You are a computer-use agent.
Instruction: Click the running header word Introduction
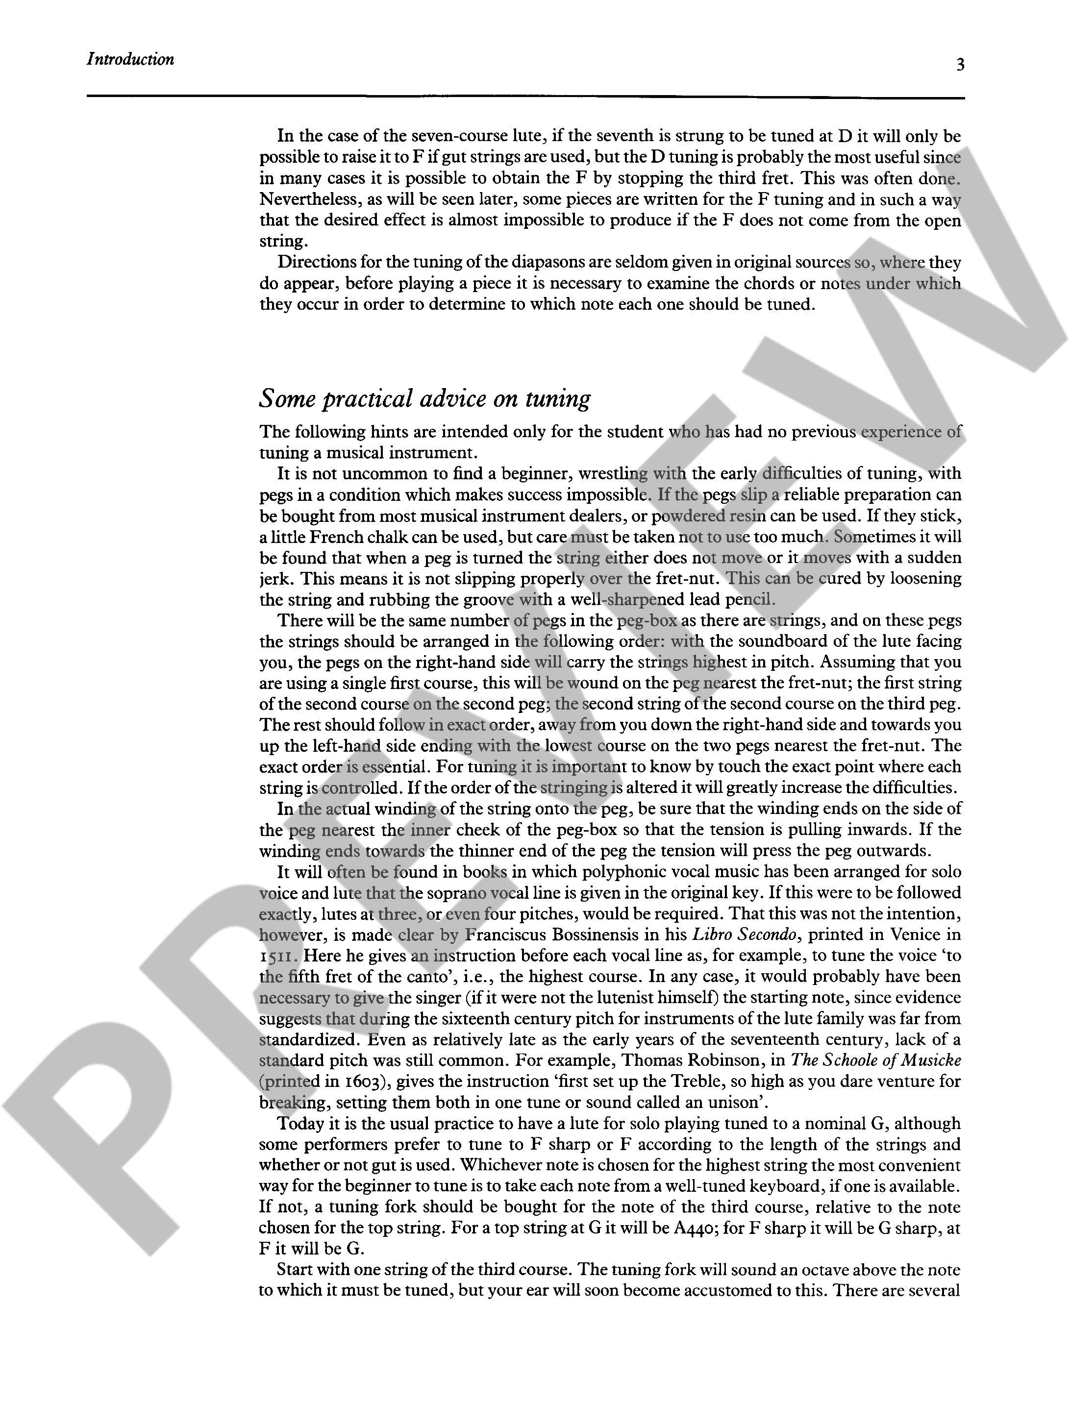click(x=130, y=59)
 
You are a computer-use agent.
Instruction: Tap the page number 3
click(x=960, y=64)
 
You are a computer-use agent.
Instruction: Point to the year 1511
click(x=278, y=956)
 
